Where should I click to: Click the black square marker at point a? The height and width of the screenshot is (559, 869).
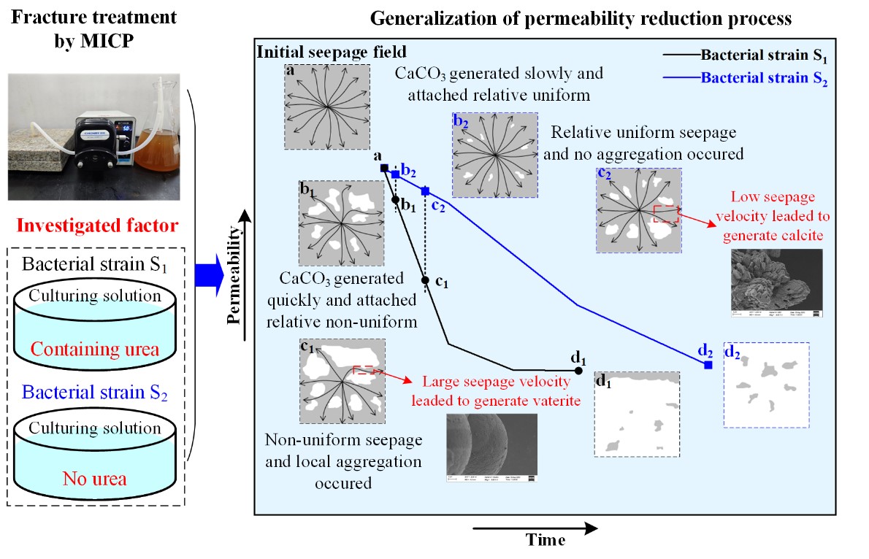tap(384, 169)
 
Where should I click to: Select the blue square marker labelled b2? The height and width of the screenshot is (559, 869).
tap(395, 174)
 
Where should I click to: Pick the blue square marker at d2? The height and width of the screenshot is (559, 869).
tap(708, 364)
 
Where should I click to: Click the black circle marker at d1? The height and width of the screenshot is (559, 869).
tap(578, 371)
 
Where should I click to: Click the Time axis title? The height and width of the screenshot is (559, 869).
tap(545, 541)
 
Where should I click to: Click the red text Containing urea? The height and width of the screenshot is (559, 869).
tap(95, 350)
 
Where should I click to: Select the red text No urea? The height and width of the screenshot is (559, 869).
tap(95, 479)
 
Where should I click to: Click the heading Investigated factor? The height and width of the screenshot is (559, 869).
tap(96, 225)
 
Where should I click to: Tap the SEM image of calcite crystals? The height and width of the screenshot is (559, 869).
tap(776, 282)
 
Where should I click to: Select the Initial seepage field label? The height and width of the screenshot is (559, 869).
tap(331, 53)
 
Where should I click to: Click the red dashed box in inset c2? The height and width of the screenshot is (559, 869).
tap(666, 213)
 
